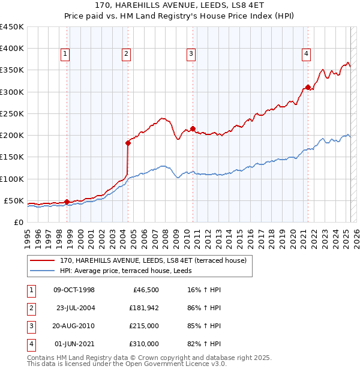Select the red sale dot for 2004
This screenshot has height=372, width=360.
pos(128,143)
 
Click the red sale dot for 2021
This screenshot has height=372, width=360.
pos(308,87)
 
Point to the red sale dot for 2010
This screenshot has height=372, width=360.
pos(193,128)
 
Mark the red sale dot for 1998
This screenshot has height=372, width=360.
pos(67,202)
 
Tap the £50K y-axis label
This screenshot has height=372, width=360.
pos(14,200)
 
